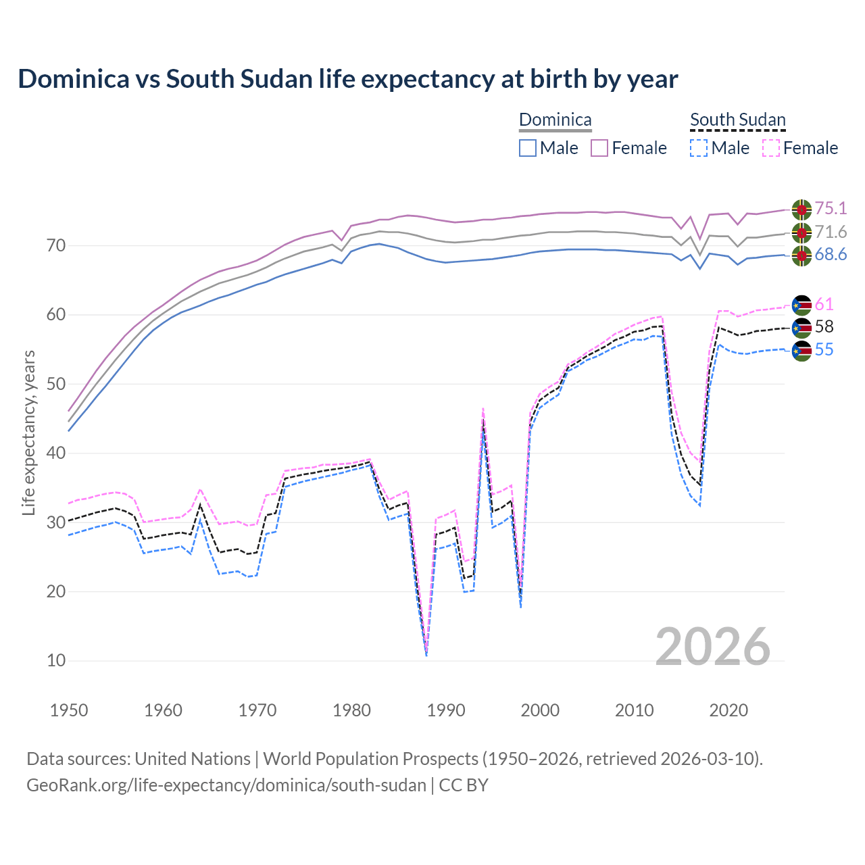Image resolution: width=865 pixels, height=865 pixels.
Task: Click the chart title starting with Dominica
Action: (x=347, y=79)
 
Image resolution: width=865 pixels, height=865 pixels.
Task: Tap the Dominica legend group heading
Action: (x=555, y=120)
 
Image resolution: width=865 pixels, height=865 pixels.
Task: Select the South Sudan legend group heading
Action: (x=737, y=120)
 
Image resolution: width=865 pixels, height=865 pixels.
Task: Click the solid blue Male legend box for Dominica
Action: (x=528, y=148)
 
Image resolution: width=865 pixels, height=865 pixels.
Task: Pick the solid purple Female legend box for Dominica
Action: (x=599, y=148)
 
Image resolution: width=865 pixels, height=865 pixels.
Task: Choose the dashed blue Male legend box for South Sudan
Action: (x=699, y=148)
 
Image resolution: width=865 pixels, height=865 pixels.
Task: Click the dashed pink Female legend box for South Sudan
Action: (x=771, y=148)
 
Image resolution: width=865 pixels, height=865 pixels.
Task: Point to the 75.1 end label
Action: (x=831, y=208)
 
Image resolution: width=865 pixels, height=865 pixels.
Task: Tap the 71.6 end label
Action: (x=831, y=232)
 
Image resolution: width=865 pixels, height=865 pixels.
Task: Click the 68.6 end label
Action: (x=831, y=255)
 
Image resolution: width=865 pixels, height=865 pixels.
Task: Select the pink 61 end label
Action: (x=824, y=305)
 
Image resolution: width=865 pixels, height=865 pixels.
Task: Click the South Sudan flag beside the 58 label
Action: (x=801, y=328)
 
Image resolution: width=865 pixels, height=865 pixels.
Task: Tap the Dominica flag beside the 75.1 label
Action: (x=801, y=209)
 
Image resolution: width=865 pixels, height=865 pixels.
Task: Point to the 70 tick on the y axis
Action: (x=56, y=245)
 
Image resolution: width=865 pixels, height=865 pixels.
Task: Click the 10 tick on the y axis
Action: (x=56, y=661)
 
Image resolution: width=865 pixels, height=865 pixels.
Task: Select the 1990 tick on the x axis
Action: (x=446, y=710)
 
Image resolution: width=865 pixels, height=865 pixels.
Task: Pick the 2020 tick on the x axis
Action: (x=728, y=710)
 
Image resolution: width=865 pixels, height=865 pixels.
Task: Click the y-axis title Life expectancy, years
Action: (x=29, y=432)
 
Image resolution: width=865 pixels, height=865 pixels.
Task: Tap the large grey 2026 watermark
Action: (x=713, y=647)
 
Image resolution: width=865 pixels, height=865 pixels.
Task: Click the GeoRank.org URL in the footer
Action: (x=226, y=785)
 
